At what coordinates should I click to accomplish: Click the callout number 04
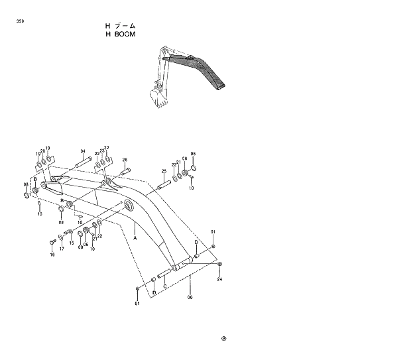83,151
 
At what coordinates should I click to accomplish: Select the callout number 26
124,159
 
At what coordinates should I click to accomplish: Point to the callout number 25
163,172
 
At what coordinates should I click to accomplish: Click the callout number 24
219,279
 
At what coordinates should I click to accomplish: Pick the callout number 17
62,249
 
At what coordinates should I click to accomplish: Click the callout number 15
72,243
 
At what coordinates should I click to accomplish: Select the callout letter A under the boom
135,236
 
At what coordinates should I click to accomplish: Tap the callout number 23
101,150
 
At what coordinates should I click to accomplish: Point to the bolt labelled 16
52,242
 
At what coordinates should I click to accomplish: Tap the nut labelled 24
219,265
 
